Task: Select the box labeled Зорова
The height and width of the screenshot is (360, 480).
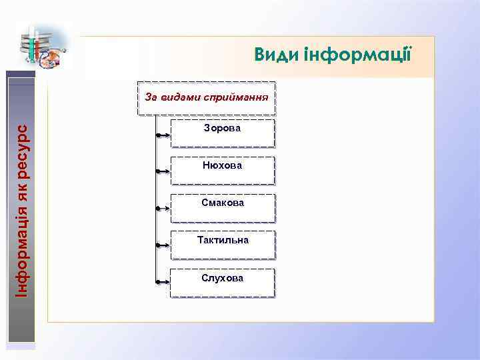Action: click(223, 133)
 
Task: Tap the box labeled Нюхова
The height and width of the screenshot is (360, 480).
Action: click(223, 170)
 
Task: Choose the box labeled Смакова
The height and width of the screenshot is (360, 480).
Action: click(223, 207)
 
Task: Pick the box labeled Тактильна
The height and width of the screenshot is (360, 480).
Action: click(223, 245)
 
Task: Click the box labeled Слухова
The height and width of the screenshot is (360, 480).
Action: click(223, 283)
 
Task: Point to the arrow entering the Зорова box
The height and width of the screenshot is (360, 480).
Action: click(163, 135)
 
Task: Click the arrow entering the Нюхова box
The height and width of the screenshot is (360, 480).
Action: click(163, 171)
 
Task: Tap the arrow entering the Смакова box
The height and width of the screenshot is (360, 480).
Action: click(163, 209)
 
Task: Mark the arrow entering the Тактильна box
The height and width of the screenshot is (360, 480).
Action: click(163, 245)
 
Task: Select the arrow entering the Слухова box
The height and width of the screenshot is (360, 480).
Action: click(163, 283)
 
